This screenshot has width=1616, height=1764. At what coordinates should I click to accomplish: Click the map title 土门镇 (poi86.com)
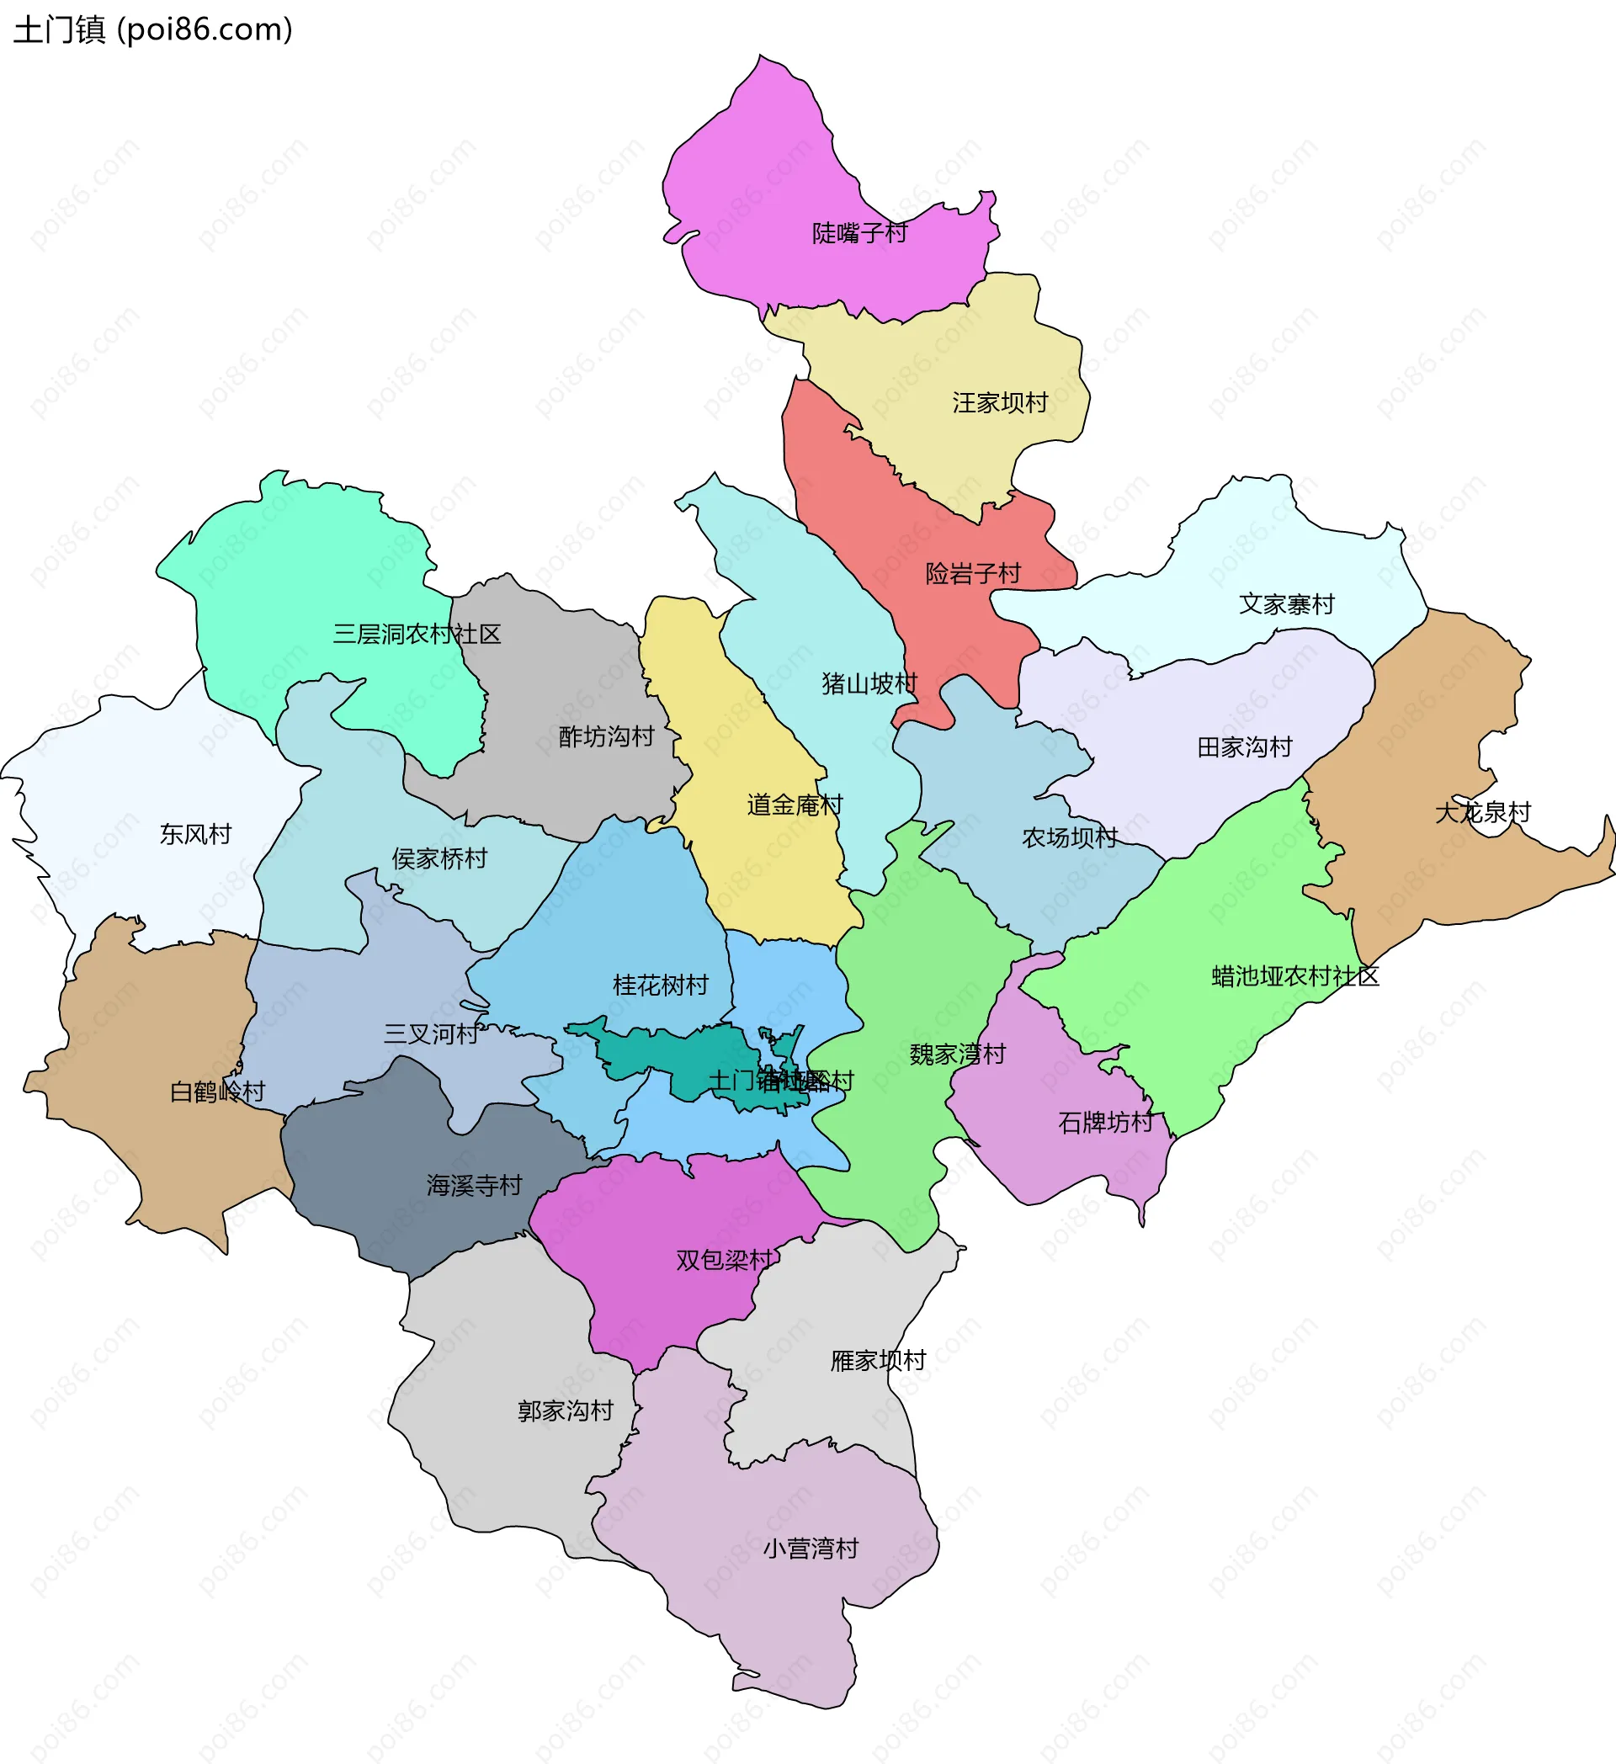153,29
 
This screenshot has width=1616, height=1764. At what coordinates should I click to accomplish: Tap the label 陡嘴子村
859,233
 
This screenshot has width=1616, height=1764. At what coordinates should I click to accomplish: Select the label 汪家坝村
1000,402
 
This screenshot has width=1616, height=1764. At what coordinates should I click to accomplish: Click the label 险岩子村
973,573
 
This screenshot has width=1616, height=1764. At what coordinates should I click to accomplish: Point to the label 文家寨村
1286,603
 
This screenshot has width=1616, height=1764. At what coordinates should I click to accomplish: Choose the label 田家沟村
1244,747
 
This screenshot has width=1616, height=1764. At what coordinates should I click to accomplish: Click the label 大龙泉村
1483,812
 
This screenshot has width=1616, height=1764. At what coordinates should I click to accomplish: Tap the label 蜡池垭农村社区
1294,975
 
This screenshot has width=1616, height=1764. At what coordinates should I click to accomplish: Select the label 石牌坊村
1106,1122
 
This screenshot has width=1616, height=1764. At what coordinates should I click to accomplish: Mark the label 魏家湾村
957,1054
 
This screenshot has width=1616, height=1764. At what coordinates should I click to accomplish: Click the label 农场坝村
1069,837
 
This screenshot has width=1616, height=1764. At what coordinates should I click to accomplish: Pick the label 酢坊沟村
606,736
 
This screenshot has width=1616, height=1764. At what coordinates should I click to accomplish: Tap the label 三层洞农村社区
417,634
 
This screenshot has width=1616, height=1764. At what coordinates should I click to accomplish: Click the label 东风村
195,834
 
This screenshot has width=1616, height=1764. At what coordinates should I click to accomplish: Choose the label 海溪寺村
474,1185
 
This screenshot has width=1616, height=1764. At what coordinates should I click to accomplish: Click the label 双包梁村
724,1259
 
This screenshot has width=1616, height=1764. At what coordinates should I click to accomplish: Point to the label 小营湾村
811,1548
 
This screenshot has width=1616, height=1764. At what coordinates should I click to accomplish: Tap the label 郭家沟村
566,1411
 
